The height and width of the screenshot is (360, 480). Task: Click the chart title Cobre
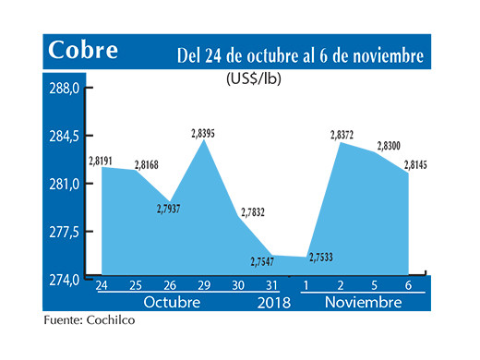[83, 49]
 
